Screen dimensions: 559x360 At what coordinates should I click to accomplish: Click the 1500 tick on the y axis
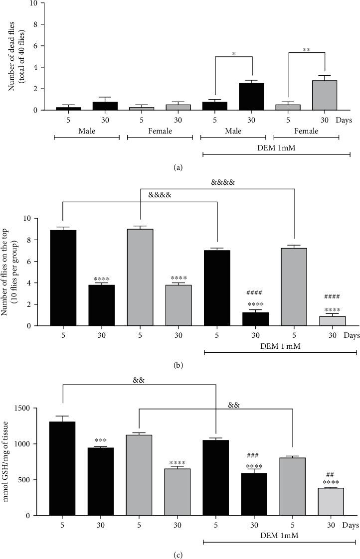tap(31, 408)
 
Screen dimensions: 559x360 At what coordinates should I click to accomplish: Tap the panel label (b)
tap(178, 365)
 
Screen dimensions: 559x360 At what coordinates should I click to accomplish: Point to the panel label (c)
tap(178, 553)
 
